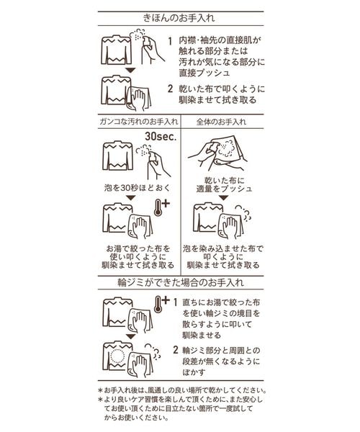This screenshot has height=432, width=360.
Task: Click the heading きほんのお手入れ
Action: [x=179, y=18]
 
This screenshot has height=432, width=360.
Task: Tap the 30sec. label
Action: [x=161, y=137]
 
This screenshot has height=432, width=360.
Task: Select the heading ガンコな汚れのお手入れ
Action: [x=139, y=122]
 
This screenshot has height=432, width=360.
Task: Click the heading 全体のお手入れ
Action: [x=222, y=122]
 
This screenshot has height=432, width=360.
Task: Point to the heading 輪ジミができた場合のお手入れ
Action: [x=181, y=283]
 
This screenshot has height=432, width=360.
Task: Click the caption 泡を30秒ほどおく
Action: [x=138, y=188]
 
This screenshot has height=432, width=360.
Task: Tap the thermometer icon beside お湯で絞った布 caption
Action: [x=162, y=207]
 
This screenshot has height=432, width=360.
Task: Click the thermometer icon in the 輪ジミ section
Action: [x=162, y=304]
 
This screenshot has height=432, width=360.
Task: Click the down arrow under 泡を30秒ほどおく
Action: [x=131, y=197]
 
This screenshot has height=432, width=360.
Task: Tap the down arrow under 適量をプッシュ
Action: [x=224, y=197]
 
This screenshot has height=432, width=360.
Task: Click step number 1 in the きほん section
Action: [x=170, y=41]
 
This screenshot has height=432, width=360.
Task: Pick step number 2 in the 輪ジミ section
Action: [x=176, y=350]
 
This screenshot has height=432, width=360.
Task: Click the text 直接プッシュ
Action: [x=204, y=73]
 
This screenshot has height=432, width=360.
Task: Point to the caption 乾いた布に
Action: [x=224, y=181]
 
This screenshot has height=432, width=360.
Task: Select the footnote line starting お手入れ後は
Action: [x=183, y=390]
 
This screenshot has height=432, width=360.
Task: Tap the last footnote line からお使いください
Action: [x=136, y=418]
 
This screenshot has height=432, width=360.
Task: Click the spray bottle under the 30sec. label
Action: [x=156, y=164]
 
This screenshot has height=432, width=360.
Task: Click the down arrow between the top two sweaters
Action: [x=130, y=71]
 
